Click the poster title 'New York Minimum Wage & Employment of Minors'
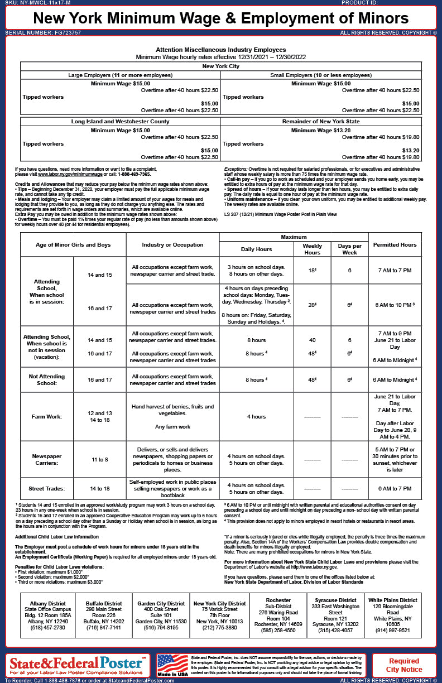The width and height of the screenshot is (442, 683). pos(221,18)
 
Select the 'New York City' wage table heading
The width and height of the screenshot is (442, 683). pos(220,66)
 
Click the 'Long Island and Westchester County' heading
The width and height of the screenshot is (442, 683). pos(120,121)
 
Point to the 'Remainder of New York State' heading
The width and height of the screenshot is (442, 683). pos(320,121)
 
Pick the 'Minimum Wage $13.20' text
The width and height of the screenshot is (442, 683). pos(320,130)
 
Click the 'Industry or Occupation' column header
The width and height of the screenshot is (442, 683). pos(172,244)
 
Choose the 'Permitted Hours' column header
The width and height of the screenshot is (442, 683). pos(395,244)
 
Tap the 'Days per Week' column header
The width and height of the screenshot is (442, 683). pos(349,249)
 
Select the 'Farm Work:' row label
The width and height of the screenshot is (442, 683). pos(47,416)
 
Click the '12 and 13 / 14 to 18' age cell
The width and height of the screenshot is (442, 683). pos(100,416)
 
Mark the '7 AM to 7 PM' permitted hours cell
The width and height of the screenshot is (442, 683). pos(395,270)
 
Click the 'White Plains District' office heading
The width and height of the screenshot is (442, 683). pos(392,600)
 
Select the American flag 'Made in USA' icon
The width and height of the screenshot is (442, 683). pos(172,665)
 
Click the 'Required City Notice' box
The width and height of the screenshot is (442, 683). pos(404,665)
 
